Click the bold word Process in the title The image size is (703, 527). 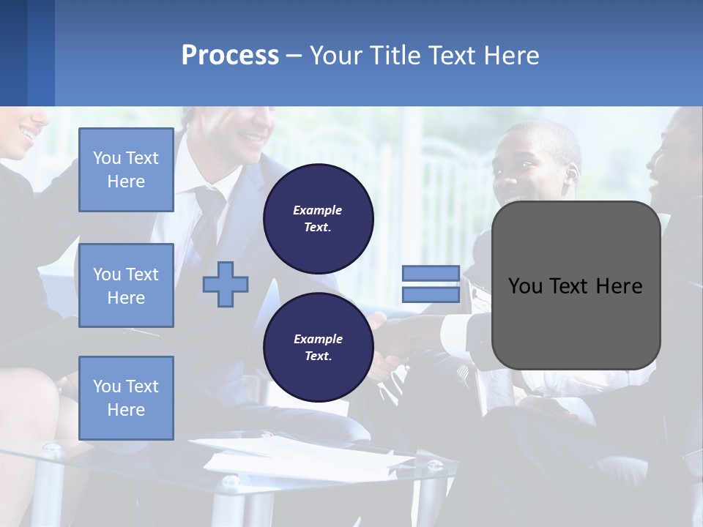click(230, 56)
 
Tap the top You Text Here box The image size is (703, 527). click(126, 170)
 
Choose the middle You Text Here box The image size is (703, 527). click(126, 285)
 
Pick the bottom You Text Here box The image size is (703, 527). click(126, 397)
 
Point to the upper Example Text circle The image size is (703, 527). click(318, 219)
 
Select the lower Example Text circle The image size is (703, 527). click(318, 347)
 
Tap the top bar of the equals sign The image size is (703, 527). click(431, 274)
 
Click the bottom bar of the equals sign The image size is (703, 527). click(431, 294)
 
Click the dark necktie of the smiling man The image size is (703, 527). click(207, 220)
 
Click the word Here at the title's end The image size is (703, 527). click(511, 56)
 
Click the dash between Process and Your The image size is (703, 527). click(294, 56)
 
